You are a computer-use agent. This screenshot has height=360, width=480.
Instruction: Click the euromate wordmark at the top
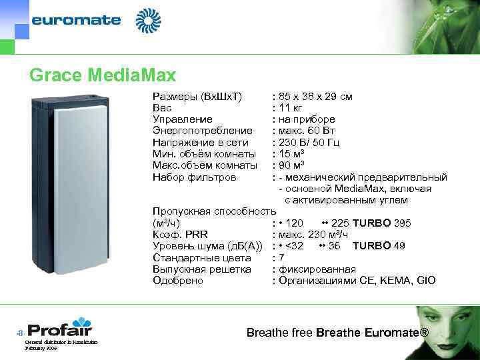[x=76, y=20]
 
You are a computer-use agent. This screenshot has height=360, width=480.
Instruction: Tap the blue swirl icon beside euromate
[x=148, y=21]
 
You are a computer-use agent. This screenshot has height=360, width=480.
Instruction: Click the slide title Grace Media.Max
[x=102, y=75]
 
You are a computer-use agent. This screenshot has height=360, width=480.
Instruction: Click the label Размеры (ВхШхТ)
[x=197, y=97]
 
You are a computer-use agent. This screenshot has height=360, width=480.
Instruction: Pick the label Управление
[x=183, y=119]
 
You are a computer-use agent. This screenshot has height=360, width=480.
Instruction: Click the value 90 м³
[x=293, y=165]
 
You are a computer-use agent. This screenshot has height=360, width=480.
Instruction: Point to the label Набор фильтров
[x=194, y=177]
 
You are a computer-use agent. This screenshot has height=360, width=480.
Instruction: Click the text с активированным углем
[x=346, y=200]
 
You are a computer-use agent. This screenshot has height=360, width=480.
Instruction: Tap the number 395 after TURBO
[x=402, y=223]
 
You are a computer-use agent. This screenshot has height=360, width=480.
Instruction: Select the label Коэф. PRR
[x=179, y=235]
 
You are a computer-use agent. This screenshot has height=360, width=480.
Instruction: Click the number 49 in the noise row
[x=399, y=246]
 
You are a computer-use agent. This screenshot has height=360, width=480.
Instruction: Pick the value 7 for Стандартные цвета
[x=282, y=257]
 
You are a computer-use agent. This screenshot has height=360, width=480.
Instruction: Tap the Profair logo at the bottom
[x=60, y=329]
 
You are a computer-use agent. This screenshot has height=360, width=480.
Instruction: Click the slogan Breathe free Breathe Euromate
[x=337, y=333]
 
